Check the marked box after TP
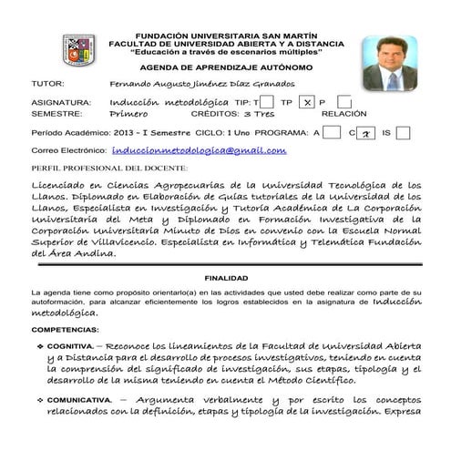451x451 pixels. pos(308,102)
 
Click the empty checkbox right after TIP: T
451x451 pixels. pos(268,102)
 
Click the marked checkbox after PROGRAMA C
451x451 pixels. pos(364,133)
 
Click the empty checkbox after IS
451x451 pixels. pos(403,133)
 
